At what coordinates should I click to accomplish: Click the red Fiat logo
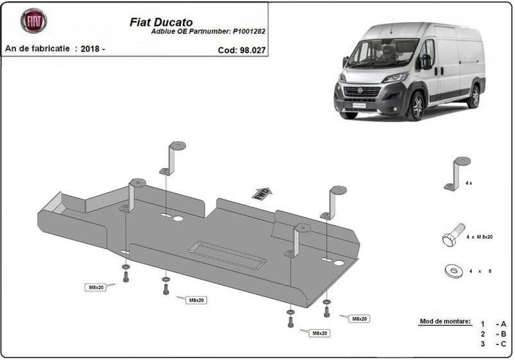[x=34, y=21]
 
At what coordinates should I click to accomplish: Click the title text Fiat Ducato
[x=161, y=22]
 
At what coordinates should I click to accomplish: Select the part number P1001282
[x=249, y=31]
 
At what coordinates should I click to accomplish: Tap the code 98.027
[x=253, y=50]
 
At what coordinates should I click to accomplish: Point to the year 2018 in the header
[x=90, y=49]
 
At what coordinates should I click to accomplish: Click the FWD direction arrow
[x=262, y=194]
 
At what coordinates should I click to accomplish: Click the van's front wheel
[x=416, y=106]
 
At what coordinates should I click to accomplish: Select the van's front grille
[x=362, y=92]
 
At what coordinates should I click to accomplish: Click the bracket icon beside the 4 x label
[x=457, y=173]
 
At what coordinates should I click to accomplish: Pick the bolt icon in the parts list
[x=453, y=235]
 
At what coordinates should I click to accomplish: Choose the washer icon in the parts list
[x=454, y=271]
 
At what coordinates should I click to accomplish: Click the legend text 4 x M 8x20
[x=479, y=237]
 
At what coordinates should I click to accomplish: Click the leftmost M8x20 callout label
[x=96, y=287]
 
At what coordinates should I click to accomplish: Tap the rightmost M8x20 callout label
[x=359, y=318]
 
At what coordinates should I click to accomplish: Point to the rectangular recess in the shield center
[x=227, y=255]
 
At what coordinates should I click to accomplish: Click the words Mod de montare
[x=445, y=321]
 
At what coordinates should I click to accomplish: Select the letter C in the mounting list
[x=503, y=344]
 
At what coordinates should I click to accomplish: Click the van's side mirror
[x=426, y=62]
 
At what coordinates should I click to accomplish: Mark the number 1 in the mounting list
[x=482, y=324]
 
